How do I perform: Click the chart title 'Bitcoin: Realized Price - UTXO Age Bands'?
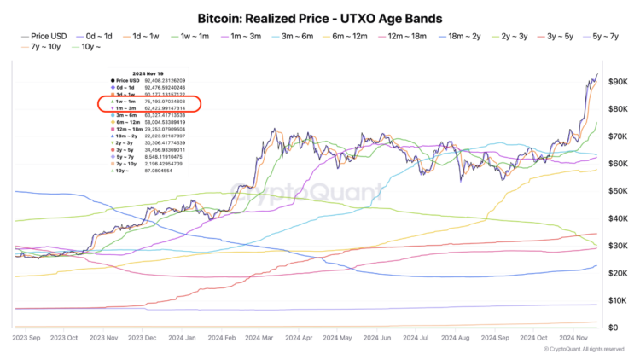click(x=320, y=17)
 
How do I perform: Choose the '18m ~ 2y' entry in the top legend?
click(x=465, y=36)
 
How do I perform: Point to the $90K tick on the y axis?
click(x=619, y=81)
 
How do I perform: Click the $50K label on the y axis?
click(x=619, y=191)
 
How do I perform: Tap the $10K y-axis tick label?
click(x=619, y=300)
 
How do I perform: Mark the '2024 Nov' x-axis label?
click(x=578, y=339)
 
